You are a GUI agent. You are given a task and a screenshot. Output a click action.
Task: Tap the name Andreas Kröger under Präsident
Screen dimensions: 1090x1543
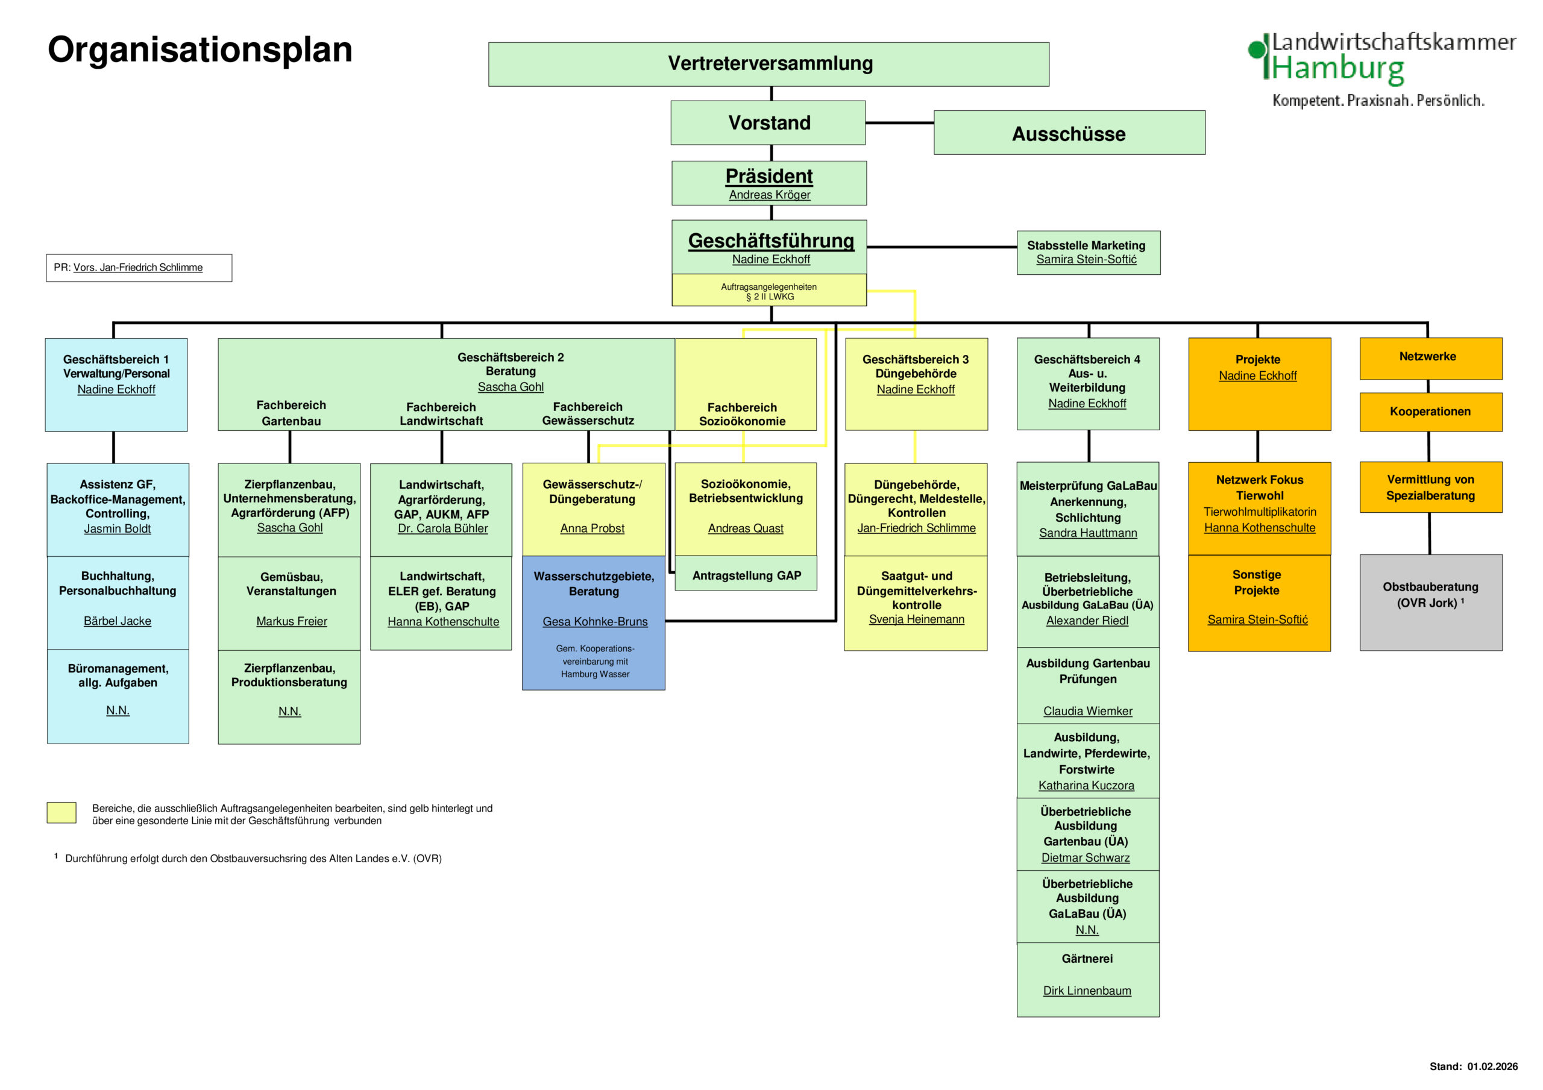(770, 195)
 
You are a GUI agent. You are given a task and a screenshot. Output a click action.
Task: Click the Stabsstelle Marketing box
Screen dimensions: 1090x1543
(1088, 252)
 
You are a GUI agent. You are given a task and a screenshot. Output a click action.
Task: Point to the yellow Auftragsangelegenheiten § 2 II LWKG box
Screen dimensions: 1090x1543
(769, 291)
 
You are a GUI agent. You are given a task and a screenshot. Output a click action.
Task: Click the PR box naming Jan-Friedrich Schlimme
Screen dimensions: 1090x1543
(139, 268)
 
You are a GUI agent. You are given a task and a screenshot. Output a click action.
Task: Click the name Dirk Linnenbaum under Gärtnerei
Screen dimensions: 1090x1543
(1087, 991)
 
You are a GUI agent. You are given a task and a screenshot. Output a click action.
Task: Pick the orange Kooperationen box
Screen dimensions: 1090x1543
(1430, 412)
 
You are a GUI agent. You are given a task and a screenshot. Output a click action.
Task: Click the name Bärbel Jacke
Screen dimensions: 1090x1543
(118, 621)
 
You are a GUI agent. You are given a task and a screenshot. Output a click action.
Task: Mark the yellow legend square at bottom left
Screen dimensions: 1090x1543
(61, 812)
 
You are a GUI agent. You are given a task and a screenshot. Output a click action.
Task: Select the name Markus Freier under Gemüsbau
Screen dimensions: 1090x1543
(292, 622)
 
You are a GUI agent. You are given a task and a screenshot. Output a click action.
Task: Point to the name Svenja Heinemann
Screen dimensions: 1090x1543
(916, 619)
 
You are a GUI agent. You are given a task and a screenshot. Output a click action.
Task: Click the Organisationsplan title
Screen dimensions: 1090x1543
(200, 50)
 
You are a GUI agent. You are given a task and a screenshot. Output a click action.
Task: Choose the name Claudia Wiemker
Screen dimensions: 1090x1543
(1087, 711)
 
